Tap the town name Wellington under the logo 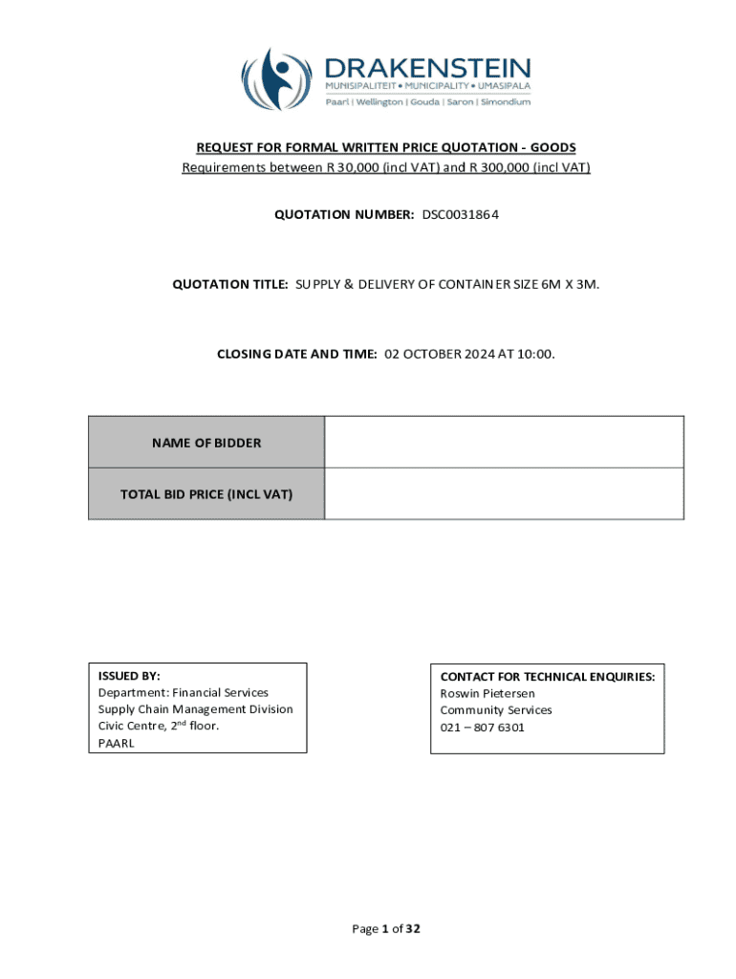pyautogui.click(x=380, y=101)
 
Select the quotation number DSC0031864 pyautogui.click(x=461, y=214)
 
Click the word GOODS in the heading pyautogui.click(x=552, y=147)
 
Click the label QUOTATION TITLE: pyautogui.click(x=229, y=284)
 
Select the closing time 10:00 pyautogui.click(x=536, y=354)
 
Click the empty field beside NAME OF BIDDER pyautogui.click(x=504, y=442)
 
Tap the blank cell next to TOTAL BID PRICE pyautogui.click(x=504, y=493)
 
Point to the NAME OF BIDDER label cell pyautogui.click(x=206, y=443)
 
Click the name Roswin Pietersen pyautogui.click(x=487, y=693)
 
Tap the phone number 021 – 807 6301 pyautogui.click(x=482, y=728)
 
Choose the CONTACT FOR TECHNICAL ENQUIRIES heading pyautogui.click(x=547, y=676)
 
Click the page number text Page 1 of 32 pyautogui.click(x=386, y=928)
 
